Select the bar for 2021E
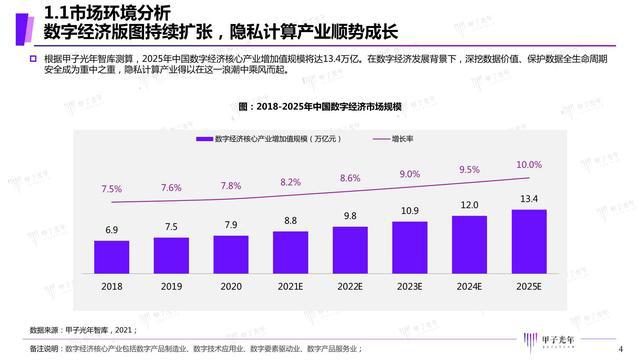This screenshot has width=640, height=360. [290, 249]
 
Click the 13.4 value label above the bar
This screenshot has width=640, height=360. [529, 199]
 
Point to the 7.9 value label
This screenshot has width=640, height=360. [231, 224]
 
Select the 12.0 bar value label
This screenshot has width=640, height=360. [469, 205]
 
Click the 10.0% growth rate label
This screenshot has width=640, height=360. [529, 164]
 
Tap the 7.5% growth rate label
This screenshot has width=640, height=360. [112, 189]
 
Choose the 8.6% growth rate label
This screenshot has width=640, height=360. [350, 178]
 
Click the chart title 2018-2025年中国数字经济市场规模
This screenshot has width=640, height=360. [320, 105]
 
